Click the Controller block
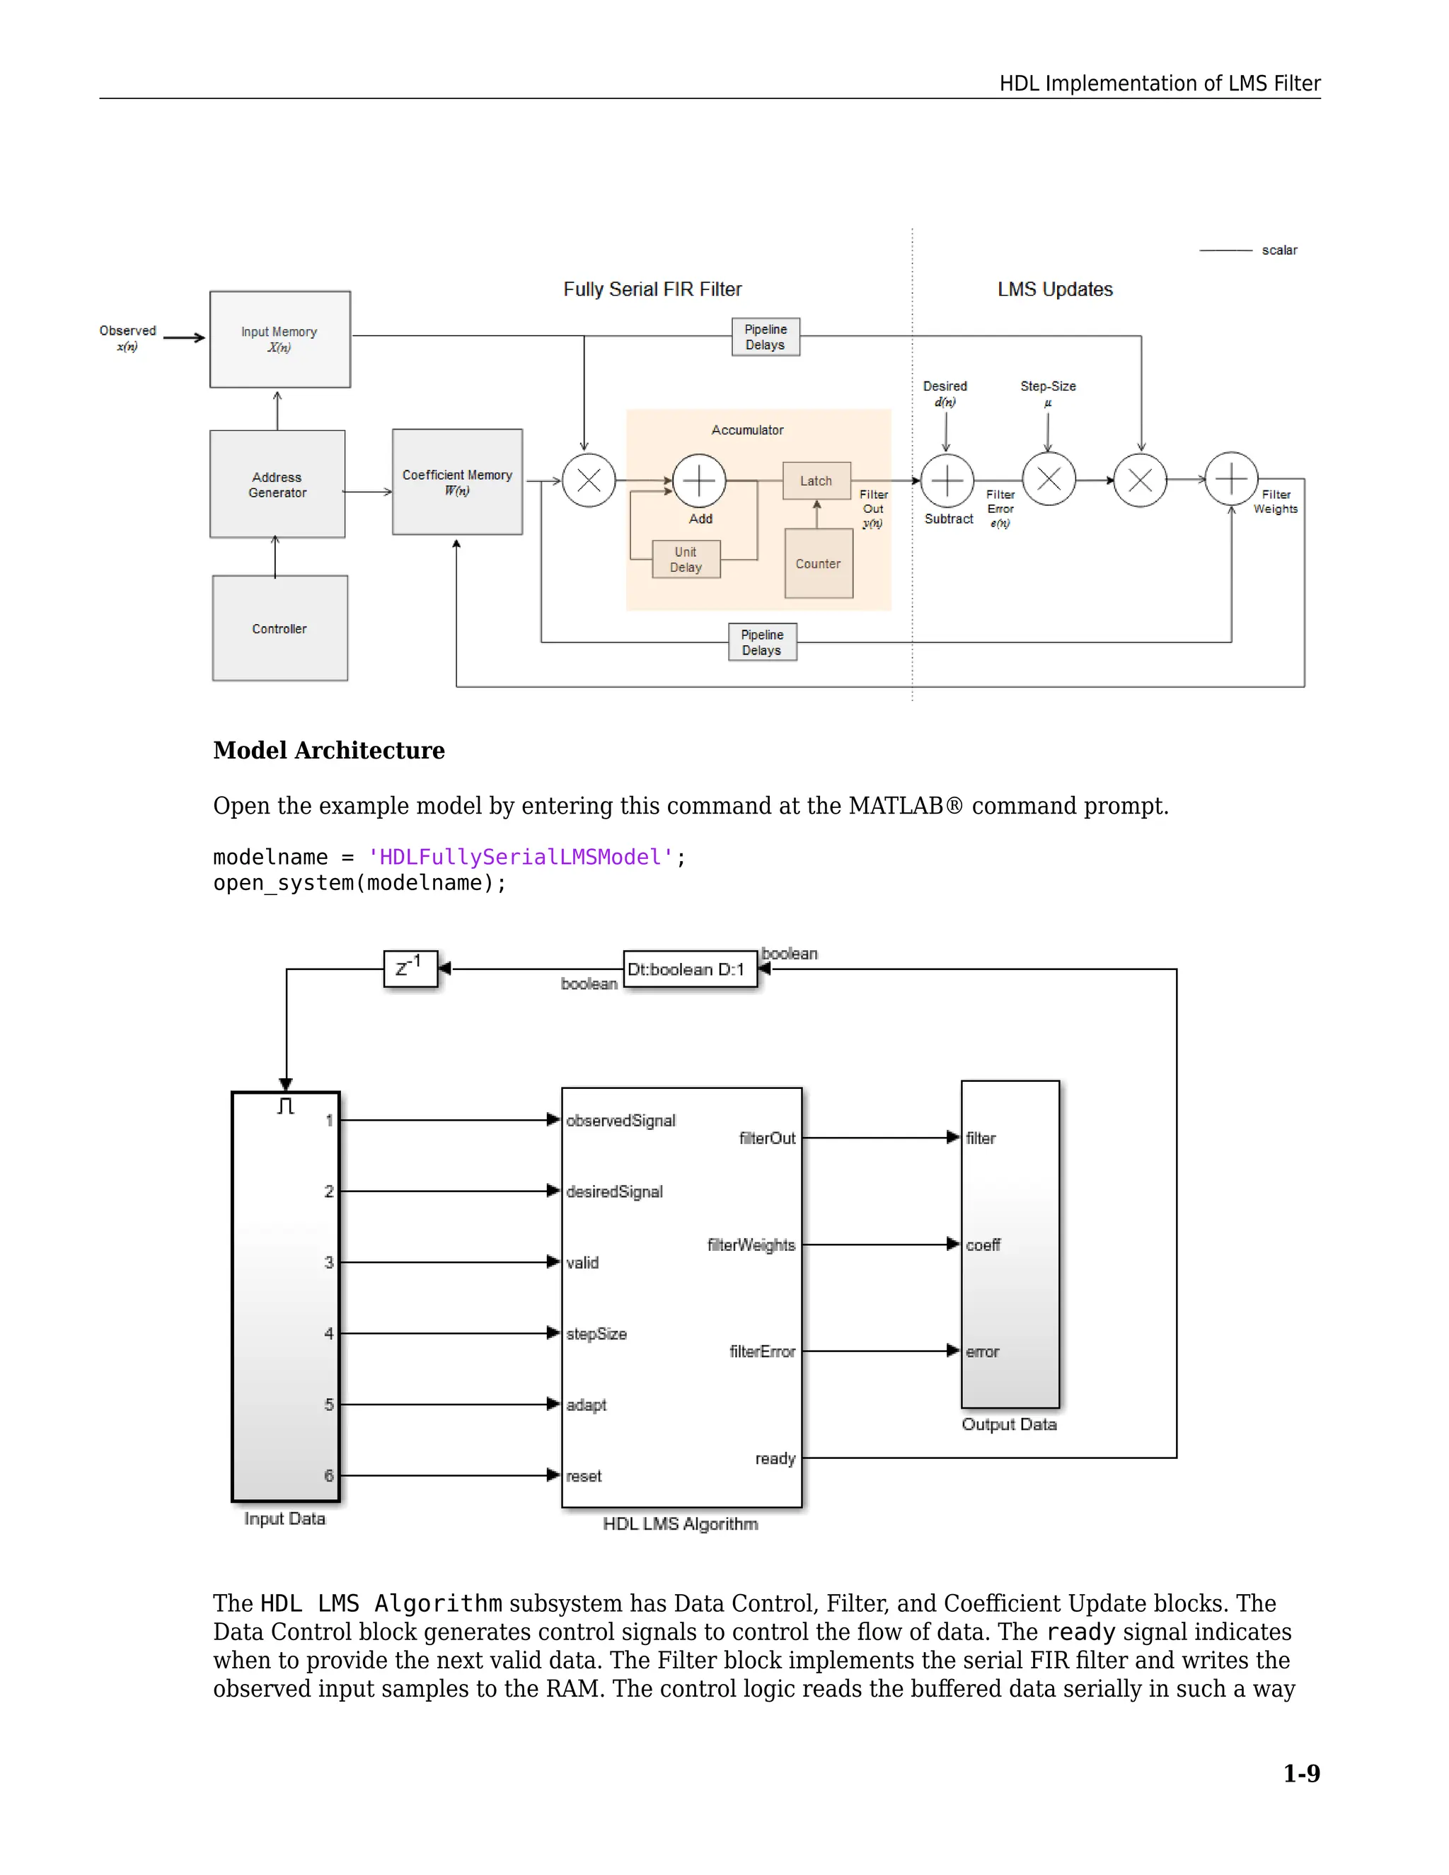pyautogui.click(x=280, y=628)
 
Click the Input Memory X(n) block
pyautogui.click(x=280, y=339)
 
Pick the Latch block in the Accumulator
pyautogui.click(x=816, y=480)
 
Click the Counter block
pyautogui.click(x=818, y=564)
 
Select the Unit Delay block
pyautogui.click(x=686, y=560)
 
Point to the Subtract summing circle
pyautogui.click(x=947, y=480)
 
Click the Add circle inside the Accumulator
pyautogui.click(x=699, y=480)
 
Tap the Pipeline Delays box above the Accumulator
pyautogui.click(x=766, y=337)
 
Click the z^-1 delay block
pyautogui.click(x=410, y=969)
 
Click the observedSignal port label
pyautogui.click(x=620, y=1120)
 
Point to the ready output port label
pyautogui.click(x=775, y=1459)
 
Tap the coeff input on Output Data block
pyautogui.click(x=983, y=1245)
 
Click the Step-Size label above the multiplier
pyautogui.click(x=1047, y=386)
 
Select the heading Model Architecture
pyautogui.click(x=329, y=750)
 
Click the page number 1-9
pyautogui.click(x=1301, y=1774)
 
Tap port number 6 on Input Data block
pyautogui.click(x=329, y=1476)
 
